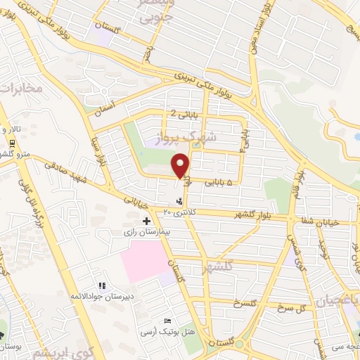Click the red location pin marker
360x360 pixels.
pyautogui.click(x=181, y=165)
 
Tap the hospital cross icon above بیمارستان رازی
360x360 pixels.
pyautogui.click(x=146, y=221)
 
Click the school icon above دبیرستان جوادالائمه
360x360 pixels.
pyautogui.click(x=103, y=285)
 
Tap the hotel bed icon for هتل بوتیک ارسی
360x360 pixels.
pyautogui.click(x=167, y=321)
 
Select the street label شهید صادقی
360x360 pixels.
pyautogui.click(x=62, y=172)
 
